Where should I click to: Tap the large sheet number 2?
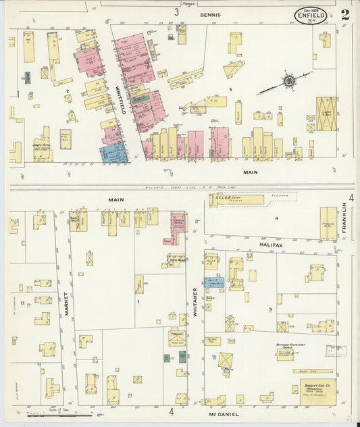[x=344, y=14]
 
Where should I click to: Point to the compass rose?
[x=289, y=81]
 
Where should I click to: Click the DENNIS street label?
[x=209, y=13]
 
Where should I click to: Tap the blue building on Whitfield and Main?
[x=113, y=153]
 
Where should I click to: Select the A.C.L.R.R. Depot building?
[x=236, y=199]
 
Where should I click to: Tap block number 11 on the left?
[x=22, y=304]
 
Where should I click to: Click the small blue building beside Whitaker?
[x=214, y=282]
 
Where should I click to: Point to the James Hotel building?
[x=44, y=147]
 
